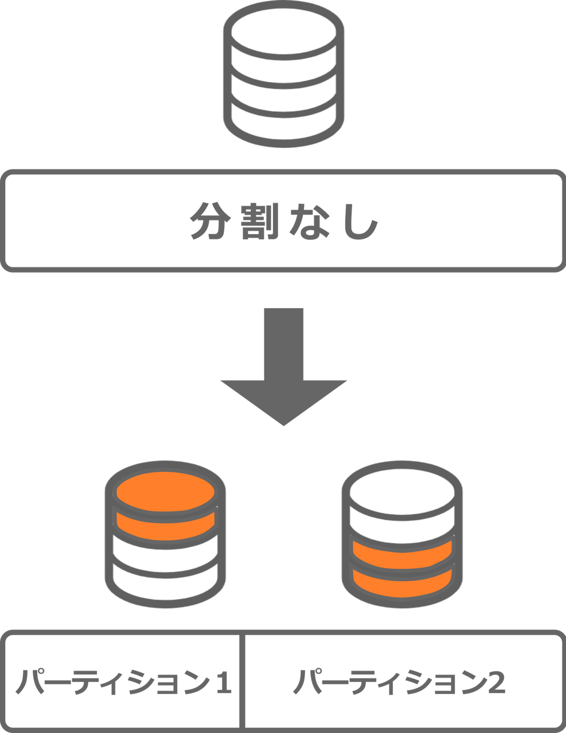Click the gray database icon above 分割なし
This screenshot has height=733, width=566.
click(x=284, y=74)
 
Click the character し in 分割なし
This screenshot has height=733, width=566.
click(x=361, y=220)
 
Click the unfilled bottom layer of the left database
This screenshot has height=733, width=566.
click(x=165, y=581)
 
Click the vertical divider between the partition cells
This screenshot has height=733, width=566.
click(x=242, y=680)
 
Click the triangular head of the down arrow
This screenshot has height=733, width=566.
click(x=284, y=401)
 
